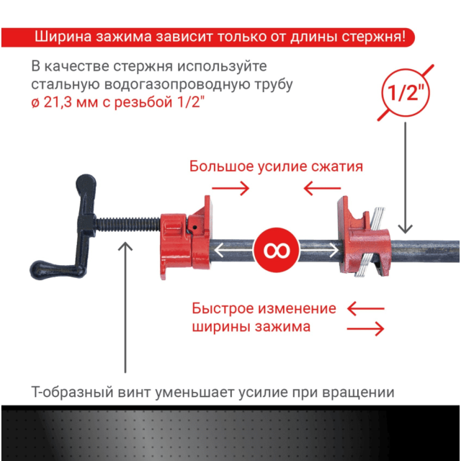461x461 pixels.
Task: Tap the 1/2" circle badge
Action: point(406,93)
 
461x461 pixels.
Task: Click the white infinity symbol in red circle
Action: point(277,250)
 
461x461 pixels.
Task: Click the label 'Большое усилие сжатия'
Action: point(276,166)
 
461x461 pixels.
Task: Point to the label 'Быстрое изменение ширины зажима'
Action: point(264,318)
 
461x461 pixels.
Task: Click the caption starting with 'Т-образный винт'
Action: point(213,393)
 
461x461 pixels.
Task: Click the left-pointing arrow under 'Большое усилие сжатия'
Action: point(318,189)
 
